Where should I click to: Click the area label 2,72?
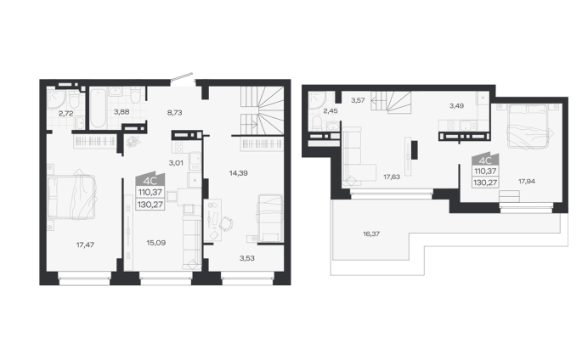coord(65,114)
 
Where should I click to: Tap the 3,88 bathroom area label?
coord(121,111)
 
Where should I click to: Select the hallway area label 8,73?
coord(174,112)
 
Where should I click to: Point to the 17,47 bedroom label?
coord(85,245)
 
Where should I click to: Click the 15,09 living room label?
coord(155,243)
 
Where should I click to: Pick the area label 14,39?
coord(238,172)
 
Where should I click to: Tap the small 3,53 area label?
coord(247,258)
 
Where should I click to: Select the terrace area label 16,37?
coord(371,233)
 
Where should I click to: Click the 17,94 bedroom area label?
coord(527,182)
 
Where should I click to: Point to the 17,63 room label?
coord(392,177)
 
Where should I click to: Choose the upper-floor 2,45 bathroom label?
coord(331,110)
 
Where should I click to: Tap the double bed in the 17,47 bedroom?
coord(71,197)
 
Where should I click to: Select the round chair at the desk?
coord(226,223)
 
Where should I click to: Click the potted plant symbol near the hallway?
coord(133,142)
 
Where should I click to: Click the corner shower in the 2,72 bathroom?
coord(56,97)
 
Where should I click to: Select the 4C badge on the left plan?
coord(150,180)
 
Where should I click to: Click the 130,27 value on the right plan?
coord(485,183)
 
